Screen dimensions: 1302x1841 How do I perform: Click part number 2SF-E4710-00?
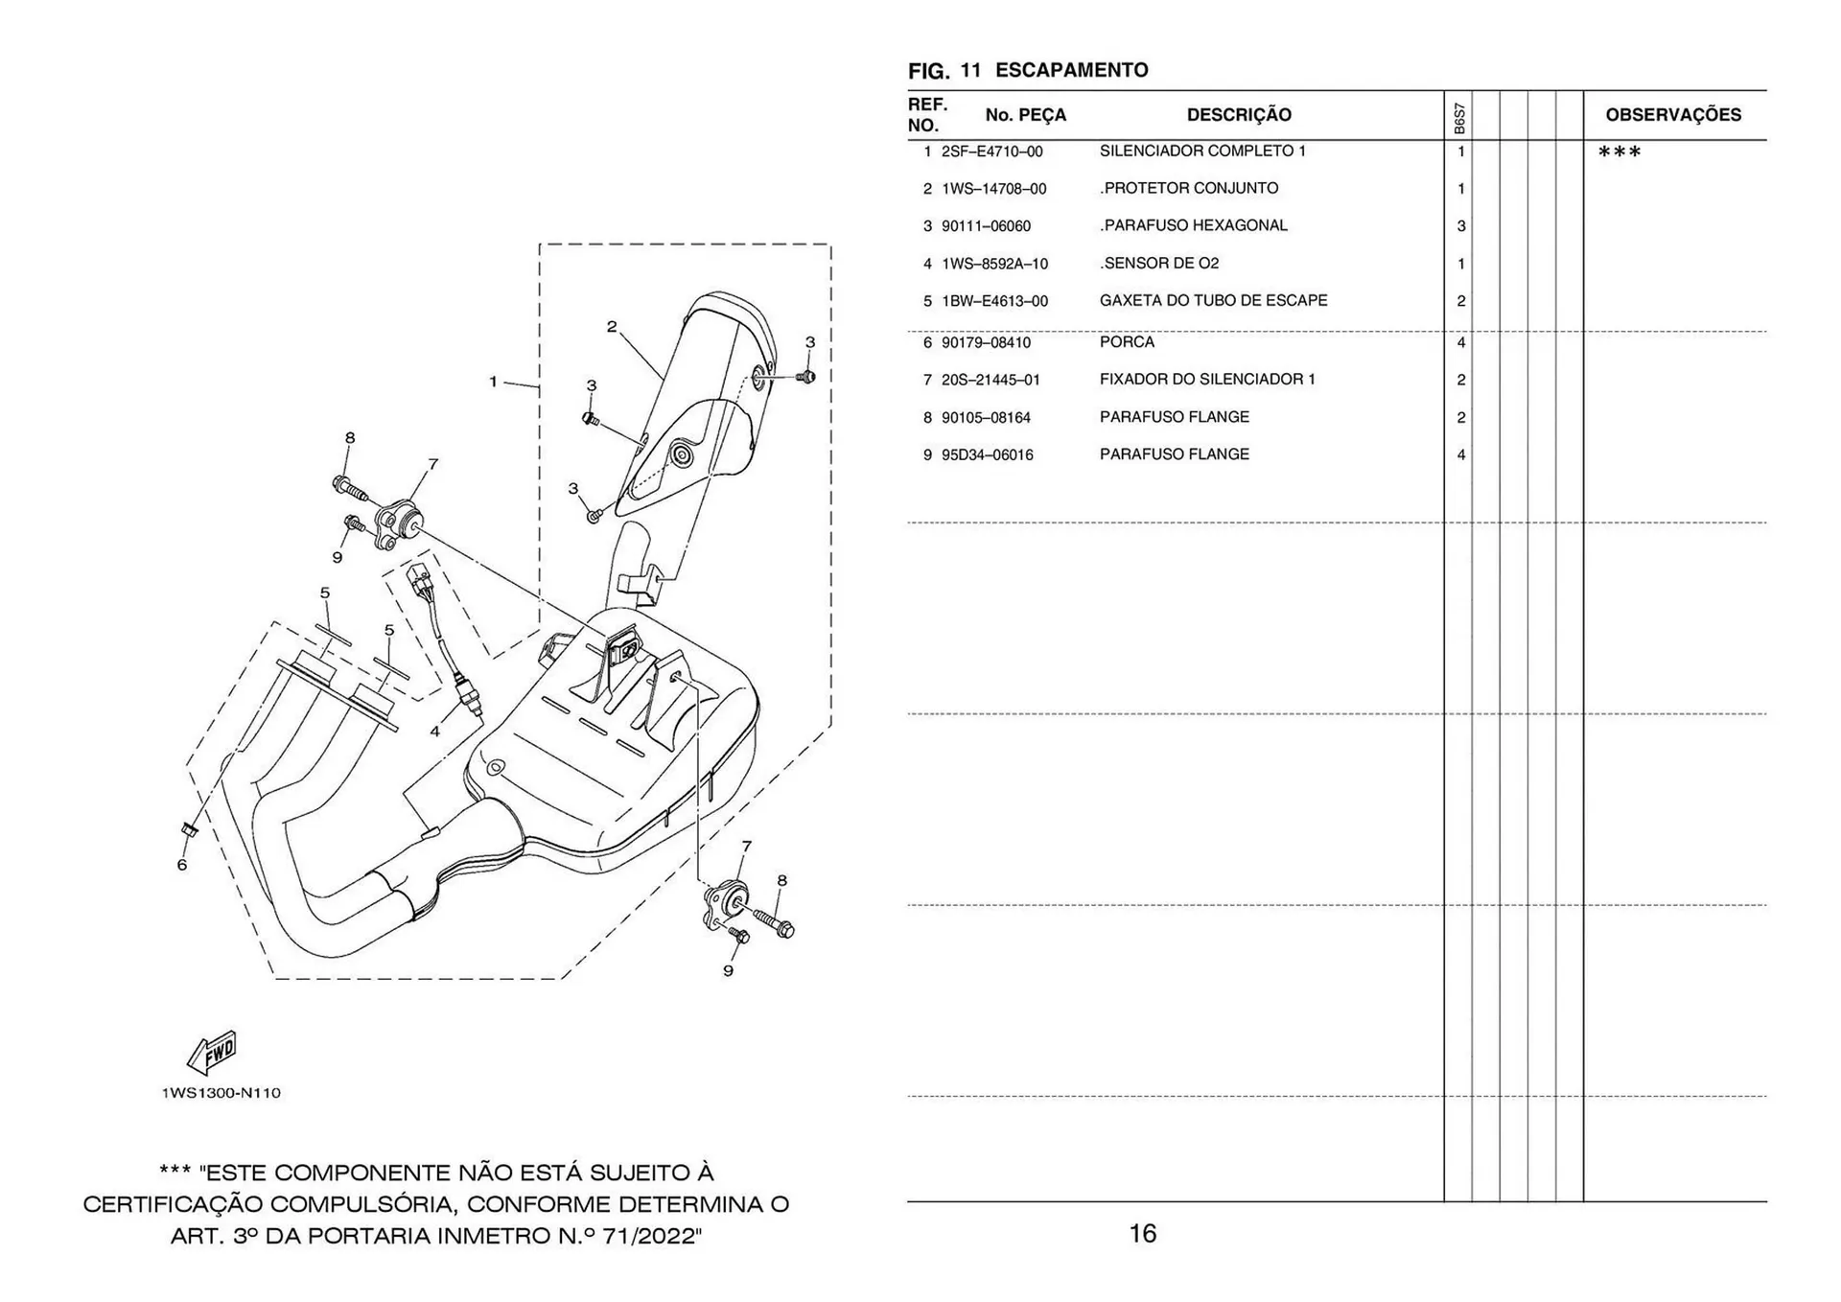click(x=991, y=151)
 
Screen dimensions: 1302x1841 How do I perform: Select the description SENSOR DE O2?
click(x=1160, y=263)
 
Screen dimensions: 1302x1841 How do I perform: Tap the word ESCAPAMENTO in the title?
click(x=1071, y=70)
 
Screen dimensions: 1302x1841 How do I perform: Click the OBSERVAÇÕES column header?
click(x=1672, y=115)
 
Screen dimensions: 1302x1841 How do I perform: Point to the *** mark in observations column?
click(x=1619, y=152)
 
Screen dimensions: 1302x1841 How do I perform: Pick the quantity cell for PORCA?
click(x=1460, y=342)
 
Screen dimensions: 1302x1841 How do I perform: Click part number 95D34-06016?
click(x=987, y=455)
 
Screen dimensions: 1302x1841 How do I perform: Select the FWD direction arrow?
click(x=212, y=1053)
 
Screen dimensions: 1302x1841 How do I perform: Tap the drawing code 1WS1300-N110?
click(x=221, y=1093)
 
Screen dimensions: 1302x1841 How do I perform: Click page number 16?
click(x=1142, y=1233)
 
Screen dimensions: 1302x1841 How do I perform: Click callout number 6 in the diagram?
click(x=181, y=865)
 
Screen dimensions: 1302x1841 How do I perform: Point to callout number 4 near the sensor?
click(x=434, y=732)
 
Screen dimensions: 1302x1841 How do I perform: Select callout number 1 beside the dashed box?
click(x=493, y=382)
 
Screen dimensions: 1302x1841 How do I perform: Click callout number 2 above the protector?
click(x=612, y=327)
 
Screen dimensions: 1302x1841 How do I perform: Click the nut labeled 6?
click(x=189, y=829)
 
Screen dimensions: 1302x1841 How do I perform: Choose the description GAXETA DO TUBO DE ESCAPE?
click(x=1213, y=300)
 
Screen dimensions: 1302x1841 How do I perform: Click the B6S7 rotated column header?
click(x=1458, y=119)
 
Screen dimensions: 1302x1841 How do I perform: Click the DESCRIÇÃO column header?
click(x=1238, y=115)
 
